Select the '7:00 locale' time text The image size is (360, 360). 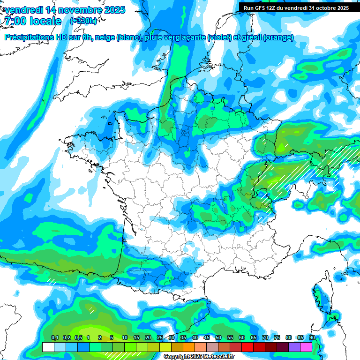coord(32,21)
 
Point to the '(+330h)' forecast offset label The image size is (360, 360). coord(84,21)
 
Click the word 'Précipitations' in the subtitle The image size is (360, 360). coord(30,38)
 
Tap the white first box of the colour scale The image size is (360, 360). coord(48,347)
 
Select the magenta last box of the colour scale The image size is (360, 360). coord(306,347)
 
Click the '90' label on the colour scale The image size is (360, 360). coord(312,338)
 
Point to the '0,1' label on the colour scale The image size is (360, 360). coord(54,338)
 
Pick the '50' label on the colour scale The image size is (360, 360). coord(218,338)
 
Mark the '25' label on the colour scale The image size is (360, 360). coord(159,338)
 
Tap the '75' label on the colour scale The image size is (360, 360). coord(277,338)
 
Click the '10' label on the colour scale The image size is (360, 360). coord(124,338)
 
